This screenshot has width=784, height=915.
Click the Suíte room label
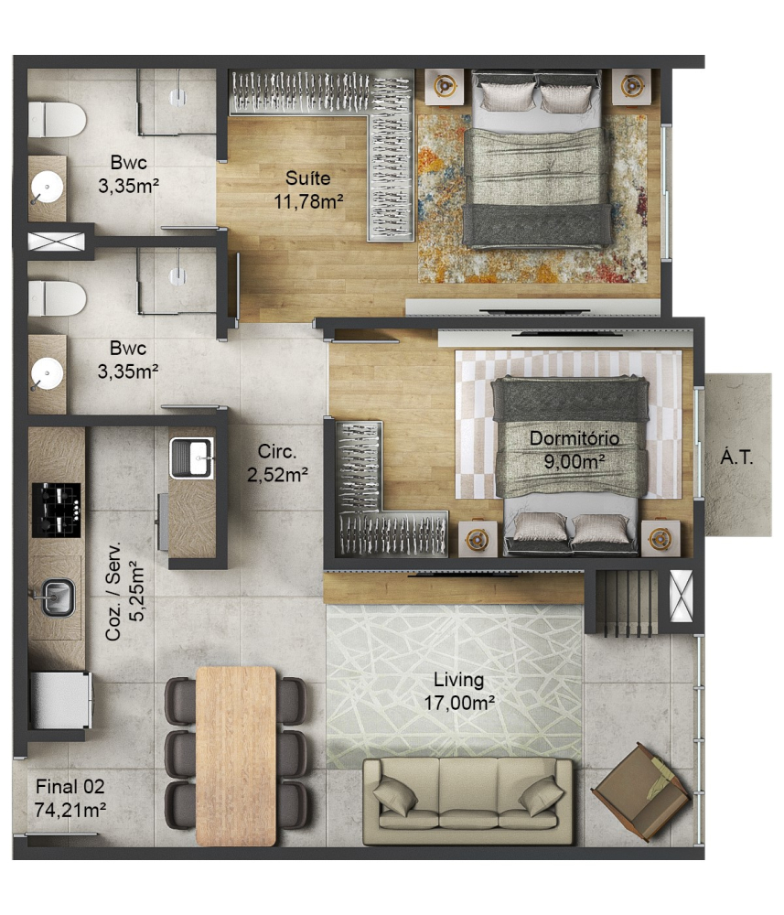click(x=308, y=178)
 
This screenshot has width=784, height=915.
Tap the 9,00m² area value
click(x=574, y=461)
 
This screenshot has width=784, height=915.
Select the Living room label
click(x=458, y=681)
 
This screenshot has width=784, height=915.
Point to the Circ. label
click(x=277, y=452)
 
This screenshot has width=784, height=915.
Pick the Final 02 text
click(x=70, y=787)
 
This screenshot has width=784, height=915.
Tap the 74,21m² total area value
click(x=70, y=810)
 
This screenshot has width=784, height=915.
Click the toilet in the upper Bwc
click(x=57, y=120)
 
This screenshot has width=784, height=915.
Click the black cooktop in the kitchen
click(x=57, y=510)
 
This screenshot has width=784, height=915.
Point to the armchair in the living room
click(x=641, y=792)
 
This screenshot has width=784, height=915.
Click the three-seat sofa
click(x=467, y=801)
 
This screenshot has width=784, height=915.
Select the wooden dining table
click(x=236, y=756)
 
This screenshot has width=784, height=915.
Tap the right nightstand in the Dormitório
click(x=660, y=538)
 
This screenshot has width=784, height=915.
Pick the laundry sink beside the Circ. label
click(x=191, y=457)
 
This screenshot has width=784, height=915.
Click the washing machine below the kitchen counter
click(x=60, y=700)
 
